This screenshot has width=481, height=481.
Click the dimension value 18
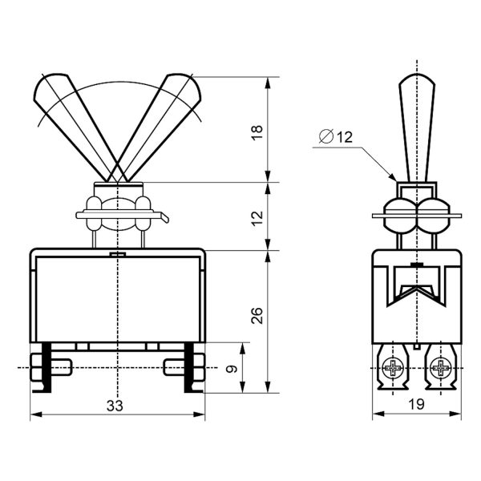257,132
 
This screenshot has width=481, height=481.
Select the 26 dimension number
257,315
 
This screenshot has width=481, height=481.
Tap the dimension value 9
232,369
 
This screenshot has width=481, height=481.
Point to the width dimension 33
115,406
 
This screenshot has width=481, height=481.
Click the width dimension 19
416,404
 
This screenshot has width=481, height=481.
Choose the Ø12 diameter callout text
336,137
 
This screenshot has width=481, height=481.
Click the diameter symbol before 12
326,136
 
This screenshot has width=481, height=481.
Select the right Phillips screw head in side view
441,367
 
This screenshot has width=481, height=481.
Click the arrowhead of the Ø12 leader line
393,177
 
